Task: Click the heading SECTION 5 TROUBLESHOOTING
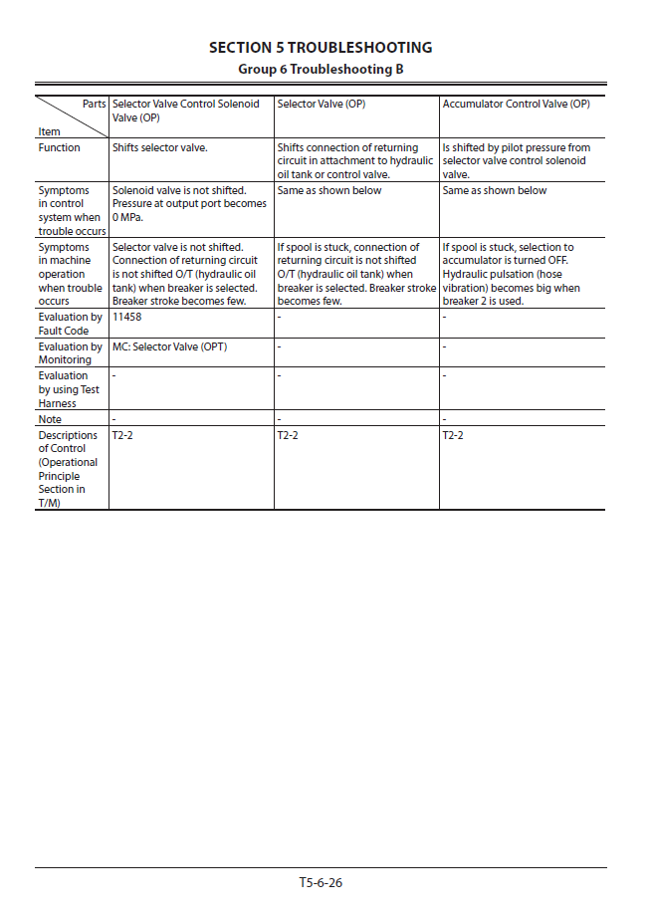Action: point(321,48)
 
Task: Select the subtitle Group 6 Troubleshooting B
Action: point(321,70)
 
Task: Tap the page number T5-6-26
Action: point(321,882)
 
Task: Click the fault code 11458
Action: point(126,318)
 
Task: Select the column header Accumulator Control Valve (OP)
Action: point(516,105)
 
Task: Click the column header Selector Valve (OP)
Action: point(322,105)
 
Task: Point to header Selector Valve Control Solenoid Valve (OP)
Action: point(185,111)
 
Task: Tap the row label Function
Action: point(60,148)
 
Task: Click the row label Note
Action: point(50,420)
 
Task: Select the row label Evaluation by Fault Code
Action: point(70,325)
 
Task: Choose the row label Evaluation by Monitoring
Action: point(70,353)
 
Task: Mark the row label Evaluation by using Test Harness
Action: point(70,390)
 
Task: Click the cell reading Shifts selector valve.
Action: point(160,148)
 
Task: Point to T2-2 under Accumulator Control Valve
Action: point(453,436)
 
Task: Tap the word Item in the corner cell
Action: point(49,131)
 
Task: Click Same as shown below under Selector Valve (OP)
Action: point(329,191)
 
